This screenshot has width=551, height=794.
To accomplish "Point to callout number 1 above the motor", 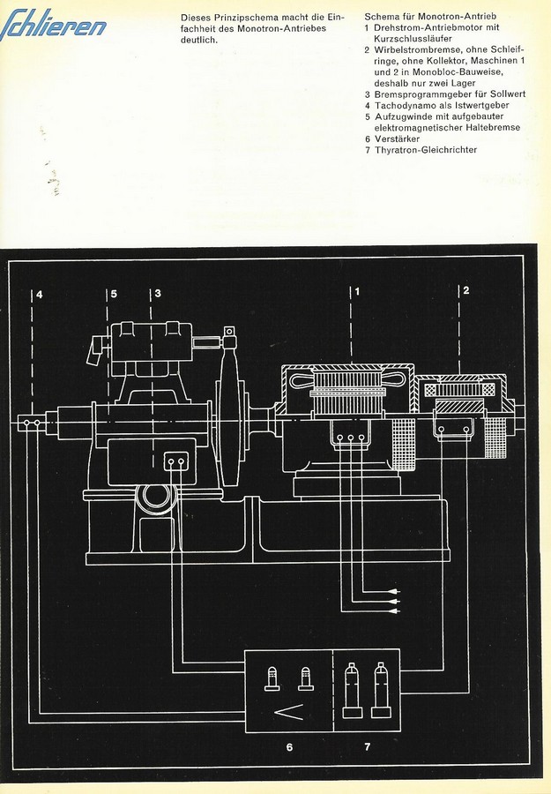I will (358, 290).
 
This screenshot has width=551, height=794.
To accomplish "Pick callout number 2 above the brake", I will (466, 289).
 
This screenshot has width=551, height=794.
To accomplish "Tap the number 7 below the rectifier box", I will (368, 747).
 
